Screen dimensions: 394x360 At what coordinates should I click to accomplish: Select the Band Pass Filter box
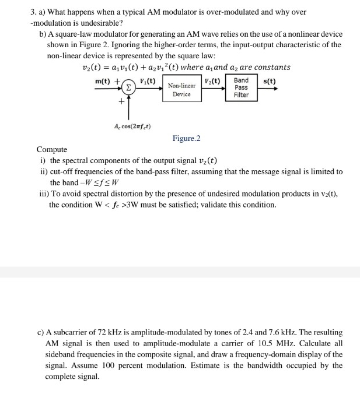(241, 87)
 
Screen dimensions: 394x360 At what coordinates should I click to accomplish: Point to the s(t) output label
(270, 81)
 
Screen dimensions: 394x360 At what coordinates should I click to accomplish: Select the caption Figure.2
(186, 138)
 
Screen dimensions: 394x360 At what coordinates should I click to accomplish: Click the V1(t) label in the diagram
(148, 80)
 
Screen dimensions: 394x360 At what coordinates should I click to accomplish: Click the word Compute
(52, 150)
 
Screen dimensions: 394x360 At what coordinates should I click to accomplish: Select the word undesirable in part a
(102, 23)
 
